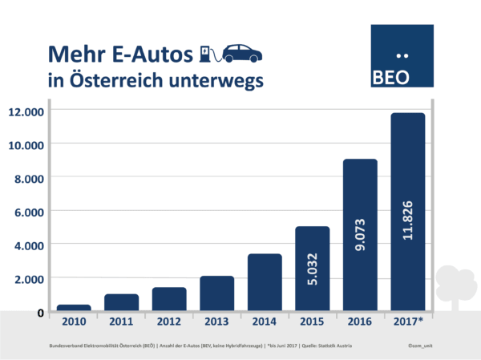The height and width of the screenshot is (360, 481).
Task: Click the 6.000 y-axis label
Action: [27, 211]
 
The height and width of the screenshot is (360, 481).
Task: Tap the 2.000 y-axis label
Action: [27, 277]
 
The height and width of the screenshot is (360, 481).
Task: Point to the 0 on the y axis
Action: [39, 311]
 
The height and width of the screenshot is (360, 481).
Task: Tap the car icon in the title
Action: [241, 53]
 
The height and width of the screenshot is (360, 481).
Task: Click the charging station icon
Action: [206, 53]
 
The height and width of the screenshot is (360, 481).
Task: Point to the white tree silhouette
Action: [456, 285]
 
